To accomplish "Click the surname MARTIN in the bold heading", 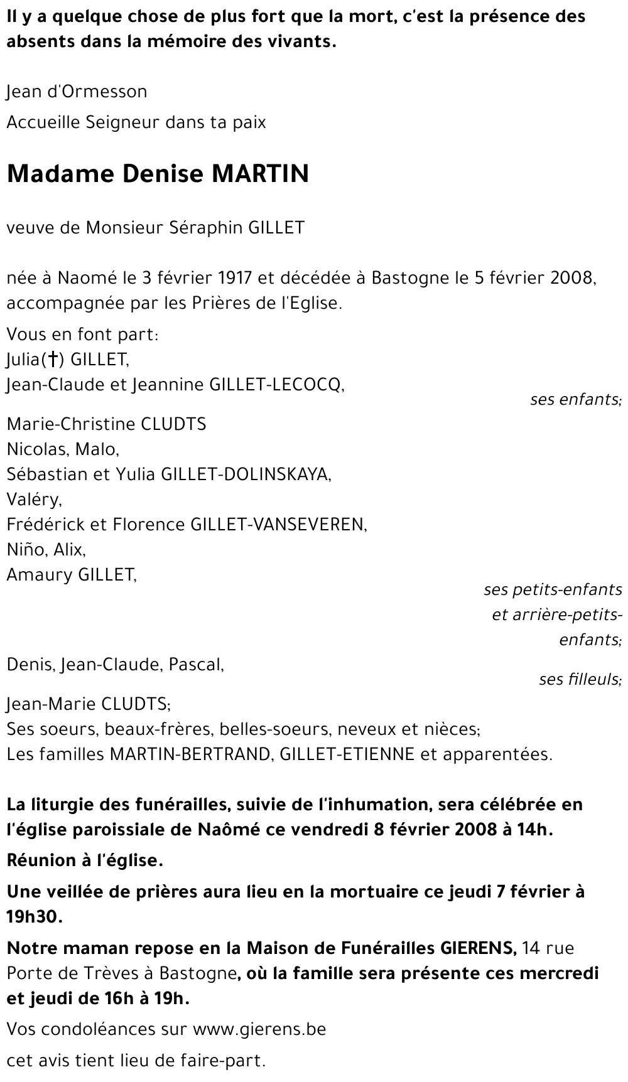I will coord(260,173).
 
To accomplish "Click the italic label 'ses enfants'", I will coord(575,399).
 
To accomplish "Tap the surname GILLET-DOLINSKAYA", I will coord(246,474).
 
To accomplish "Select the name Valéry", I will coord(34,500).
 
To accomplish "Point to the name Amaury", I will coord(40,575).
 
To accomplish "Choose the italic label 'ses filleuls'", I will coord(580,679).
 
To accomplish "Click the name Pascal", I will coord(196,664).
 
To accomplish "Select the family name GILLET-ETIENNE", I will coord(347,754).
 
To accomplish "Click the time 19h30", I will coord(34,916).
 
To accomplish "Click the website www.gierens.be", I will coord(259,1029).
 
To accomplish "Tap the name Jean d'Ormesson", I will coord(77,92).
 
